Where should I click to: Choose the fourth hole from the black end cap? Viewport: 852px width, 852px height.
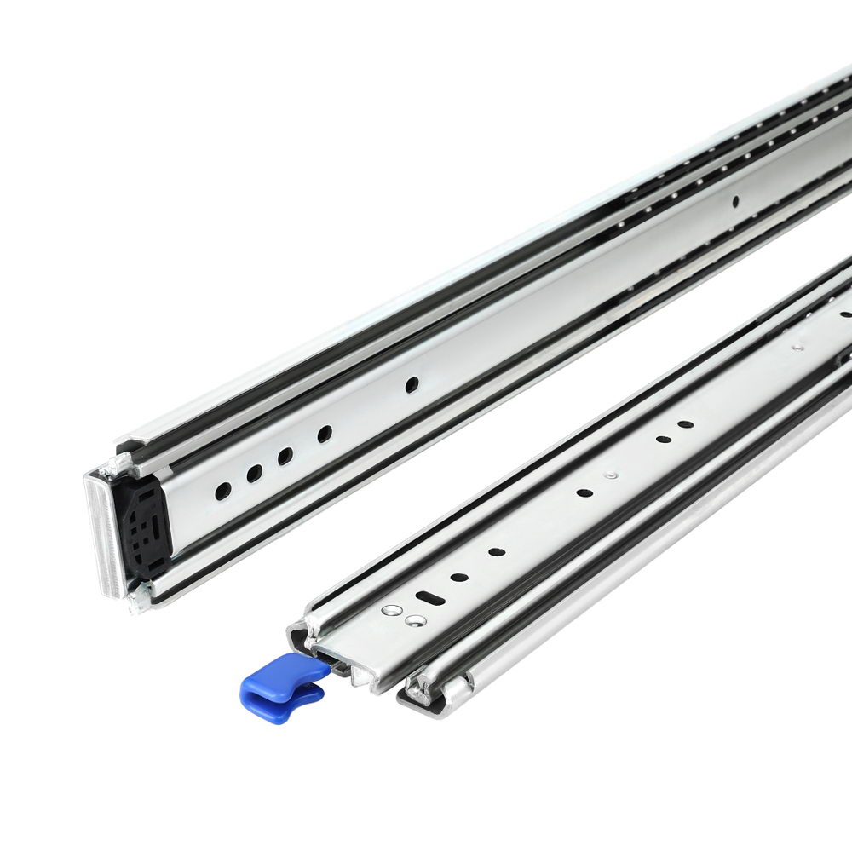pyautogui.click(x=325, y=434)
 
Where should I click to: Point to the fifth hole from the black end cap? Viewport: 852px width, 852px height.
pyautogui.click(x=412, y=385)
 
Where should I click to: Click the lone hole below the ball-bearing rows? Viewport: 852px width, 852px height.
pyautogui.click(x=734, y=202)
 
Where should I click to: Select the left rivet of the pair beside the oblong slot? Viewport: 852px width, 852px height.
pyautogui.click(x=392, y=610)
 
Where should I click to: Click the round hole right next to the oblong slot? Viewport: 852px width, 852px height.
pyautogui.click(x=459, y=578)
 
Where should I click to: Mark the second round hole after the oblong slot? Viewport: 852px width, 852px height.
pyautogui.click(x=497, y=551)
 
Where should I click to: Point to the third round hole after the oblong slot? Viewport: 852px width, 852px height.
pyautogui.click(x=584, y=492)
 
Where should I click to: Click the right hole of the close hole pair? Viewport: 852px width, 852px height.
pyautogui.click(x=684, y=424)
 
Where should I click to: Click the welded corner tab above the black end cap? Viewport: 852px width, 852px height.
pyautogui.click(x=119, y=459)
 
